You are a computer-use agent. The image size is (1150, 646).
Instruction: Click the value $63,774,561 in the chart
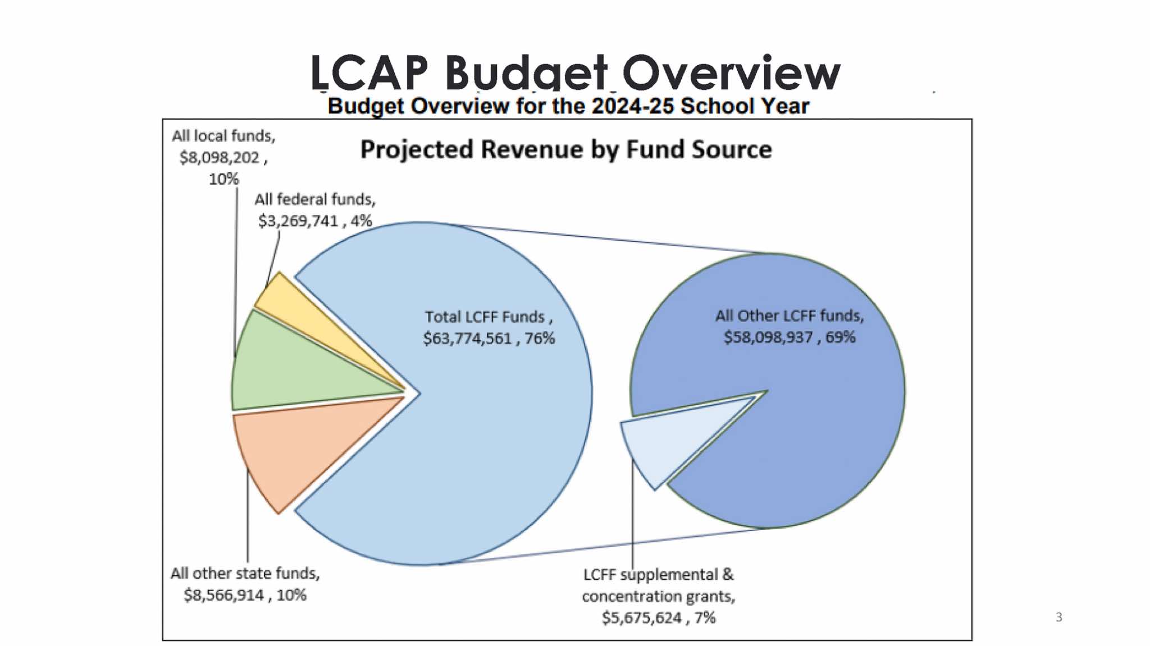tap(468, 338)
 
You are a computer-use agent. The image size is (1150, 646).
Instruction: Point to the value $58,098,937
tap(768, 337)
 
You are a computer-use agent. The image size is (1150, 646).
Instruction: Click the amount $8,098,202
tap(219, 158)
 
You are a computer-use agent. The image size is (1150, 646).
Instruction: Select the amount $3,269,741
tap(298, 221)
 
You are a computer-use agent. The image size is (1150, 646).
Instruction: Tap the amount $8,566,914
tap(223, 595)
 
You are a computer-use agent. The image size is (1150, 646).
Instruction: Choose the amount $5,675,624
tap(642, 618)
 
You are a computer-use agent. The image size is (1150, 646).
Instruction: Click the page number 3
tap(1059, 617)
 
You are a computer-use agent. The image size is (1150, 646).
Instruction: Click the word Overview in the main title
tap(731, 73)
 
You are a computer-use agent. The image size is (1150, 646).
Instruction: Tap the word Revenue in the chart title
tap(531, 150)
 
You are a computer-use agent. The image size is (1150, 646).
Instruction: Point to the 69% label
tap(841, 337)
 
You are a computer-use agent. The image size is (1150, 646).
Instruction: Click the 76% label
tap(540, 338)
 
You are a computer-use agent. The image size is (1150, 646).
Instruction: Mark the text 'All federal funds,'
tap(315, 199)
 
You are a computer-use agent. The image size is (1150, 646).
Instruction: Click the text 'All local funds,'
tap(223, 136)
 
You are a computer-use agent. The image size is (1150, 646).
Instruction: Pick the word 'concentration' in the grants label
tap(631, 596)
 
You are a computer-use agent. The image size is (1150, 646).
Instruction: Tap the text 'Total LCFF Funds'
tap(485, 317)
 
